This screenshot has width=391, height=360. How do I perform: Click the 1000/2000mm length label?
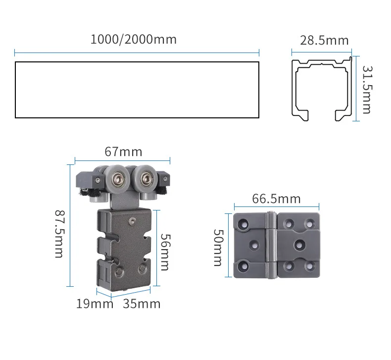click(134, 40)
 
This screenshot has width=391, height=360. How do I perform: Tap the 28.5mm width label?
click(324, 41)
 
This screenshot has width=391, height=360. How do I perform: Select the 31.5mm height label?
click(367, 90)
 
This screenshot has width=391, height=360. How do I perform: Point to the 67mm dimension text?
click(123, 152)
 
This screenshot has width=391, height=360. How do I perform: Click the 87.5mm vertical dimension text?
click(60, 234)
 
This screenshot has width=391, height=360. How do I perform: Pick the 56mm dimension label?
click(165, 252)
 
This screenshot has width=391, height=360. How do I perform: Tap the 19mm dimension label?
click(95, 304)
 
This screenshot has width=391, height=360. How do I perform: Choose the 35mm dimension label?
click(142, 304)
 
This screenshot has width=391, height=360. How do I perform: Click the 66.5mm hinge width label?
click(276, 199)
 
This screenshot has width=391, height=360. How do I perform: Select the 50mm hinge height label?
click(219, 248)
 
